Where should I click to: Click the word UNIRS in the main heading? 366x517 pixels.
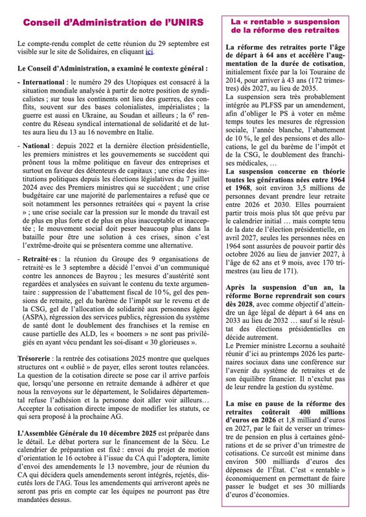pos(185,22)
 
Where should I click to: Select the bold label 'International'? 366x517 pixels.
pos(46,83)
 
